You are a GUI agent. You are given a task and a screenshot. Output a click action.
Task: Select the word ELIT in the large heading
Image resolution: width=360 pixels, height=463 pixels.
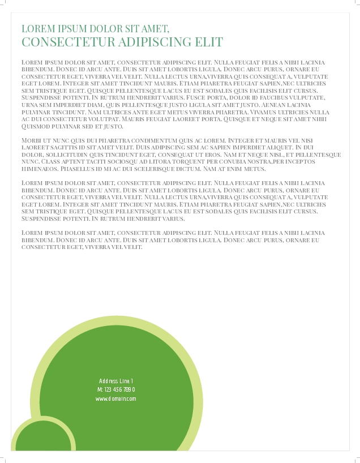209,42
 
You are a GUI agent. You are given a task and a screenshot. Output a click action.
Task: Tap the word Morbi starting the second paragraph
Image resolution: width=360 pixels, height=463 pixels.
31,140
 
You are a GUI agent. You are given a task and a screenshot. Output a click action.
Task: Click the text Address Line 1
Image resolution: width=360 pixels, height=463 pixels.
116,381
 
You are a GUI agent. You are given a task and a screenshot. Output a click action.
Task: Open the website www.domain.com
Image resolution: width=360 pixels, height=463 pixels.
116,398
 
